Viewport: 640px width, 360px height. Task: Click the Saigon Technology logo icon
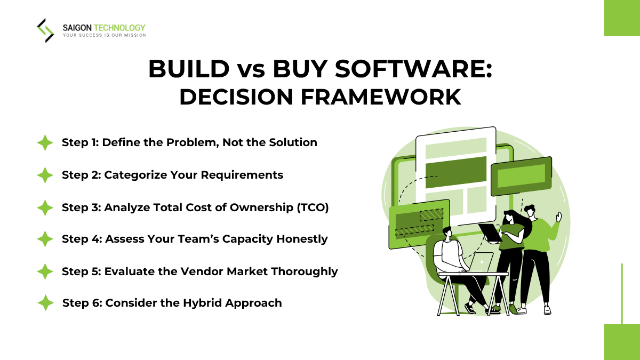(45, 30)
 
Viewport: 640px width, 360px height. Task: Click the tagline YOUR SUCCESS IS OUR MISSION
(104, 35)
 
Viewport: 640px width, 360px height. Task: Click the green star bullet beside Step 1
(45, 143)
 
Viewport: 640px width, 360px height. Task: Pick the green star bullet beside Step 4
(45, 239)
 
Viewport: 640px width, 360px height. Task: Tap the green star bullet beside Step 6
(45, 303)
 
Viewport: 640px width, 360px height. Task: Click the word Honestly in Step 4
(302, 239)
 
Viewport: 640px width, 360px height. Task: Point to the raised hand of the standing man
(558, 216)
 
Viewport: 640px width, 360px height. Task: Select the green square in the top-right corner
(622, 18)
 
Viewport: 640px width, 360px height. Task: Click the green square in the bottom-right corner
(622, 342)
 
